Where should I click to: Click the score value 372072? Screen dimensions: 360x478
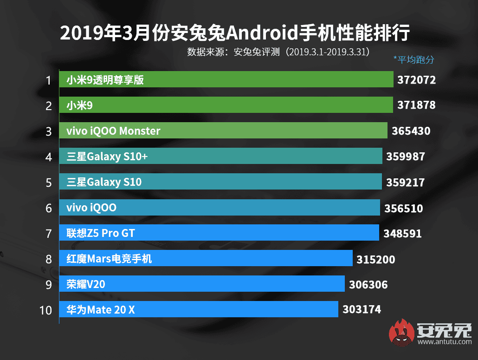coord(416,80)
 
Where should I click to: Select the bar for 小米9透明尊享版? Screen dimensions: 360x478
coord(226,80)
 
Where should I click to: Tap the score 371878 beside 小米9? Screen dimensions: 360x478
coord(416,105)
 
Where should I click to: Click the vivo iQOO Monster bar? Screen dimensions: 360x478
coord(223,131)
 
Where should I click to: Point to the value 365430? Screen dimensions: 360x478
coord(411,131)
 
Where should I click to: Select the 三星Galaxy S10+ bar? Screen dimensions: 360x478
coord(220,157)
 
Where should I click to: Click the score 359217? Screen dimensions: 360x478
coord(405,182)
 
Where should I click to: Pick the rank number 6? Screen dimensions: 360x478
coord(49,208)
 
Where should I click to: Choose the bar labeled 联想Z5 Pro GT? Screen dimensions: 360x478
coord(219,233)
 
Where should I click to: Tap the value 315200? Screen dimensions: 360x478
coord(376,259)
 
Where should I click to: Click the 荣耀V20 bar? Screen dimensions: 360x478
coord(202,284)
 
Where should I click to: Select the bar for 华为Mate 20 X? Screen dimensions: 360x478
coord(199,309)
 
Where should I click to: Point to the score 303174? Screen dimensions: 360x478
coord(361,309)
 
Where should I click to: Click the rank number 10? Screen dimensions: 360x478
coord(46,309)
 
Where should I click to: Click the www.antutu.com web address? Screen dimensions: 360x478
coord(444,342)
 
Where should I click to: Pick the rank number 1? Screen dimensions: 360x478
coord(49,80)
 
